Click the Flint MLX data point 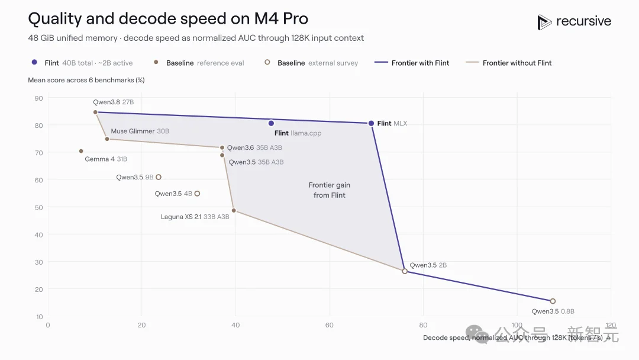pyautogui.click(x=371, y=123)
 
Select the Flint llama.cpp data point pyautogui.click(x=271, y=123)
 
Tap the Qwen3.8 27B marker pyautogui.click(x=95, y=112)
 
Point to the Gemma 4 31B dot pyautogui.click(x=81, y=151)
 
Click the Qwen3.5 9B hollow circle pyautogui.click(x=159, y=177)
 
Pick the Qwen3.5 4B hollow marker pyautogui.click(x=197, y=194)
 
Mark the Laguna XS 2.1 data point pyautogui.click(x=234, y=211)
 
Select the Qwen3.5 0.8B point pyautogui.click(x=553, y=301)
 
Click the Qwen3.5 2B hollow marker pyautogui.click(x=405, y=271)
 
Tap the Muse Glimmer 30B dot pyautogui.click(x=107, y=139)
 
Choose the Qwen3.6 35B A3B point pyautogui.click(x=222, y=147)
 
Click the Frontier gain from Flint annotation pyautogui.click(x=330, y=190)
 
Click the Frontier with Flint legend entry pyautogui.click(x=412, y=63)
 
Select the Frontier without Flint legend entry pyautogui.click(x=508, y=63)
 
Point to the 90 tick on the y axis pyautogui.click(x=38, y=98)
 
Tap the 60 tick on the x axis pyautogui.click(x=330, y=325)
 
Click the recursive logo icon pyautogui.click(x=544, y=22)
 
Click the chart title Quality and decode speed pyautogui.click(x=168, y=19)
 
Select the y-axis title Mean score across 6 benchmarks pyautogui.click(x=86, y=80)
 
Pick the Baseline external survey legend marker pyautogui.click(x=267, y=62)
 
